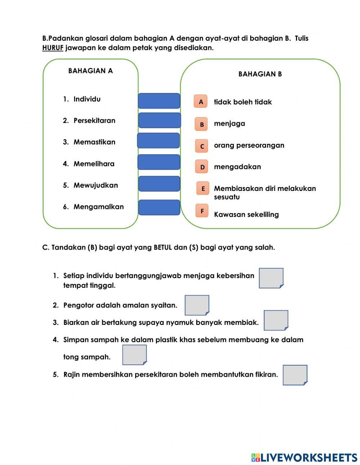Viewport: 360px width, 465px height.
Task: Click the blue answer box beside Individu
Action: pyautogui.click(x=159, y=101)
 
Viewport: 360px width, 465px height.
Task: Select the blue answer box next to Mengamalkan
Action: pyautogui.click(x=159, y=207)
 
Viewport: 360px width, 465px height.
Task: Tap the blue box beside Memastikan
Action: pyautogui.click(x=158, y=140)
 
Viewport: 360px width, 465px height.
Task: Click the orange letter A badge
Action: pyautogui.click(x=201, y=102)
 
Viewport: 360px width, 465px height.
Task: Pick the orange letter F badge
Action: pyautogui.click(x=202, y=211)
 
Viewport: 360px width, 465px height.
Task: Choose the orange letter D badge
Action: pyautogui.click(x=202, y=167)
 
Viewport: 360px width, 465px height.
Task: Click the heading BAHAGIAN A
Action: pyautogui.click(x=90, y=71)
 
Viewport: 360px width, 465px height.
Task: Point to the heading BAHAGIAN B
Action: pyautogui.click(x=260, y=74)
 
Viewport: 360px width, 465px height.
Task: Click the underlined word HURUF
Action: pyautogui.click(x=53, y=48)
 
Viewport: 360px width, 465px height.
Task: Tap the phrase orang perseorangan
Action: pyautogui.click(x=249, y=146)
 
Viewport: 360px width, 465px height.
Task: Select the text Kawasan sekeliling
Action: pyautogui.click(x=246, y=215)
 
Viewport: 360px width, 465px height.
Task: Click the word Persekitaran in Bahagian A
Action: pyautogui.click(x=94, y=121)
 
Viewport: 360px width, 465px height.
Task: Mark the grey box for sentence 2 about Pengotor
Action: pyautogui.click(x=197, y=305)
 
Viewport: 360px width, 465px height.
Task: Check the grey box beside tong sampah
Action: pyautogui.click(x=134, y=355)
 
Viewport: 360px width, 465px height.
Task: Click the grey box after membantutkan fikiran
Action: pyautogui.click(x=295, y=375)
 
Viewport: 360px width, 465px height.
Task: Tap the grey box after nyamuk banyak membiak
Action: pyautogui.click(x=276, y=320)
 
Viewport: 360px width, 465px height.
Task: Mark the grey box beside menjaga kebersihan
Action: pyautogui.click(x=271, y=278)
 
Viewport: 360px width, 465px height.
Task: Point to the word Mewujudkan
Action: pyautogui.click(x=96, y=185)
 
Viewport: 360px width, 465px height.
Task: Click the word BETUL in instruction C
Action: pyautogui.click(x=163, y=248)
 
